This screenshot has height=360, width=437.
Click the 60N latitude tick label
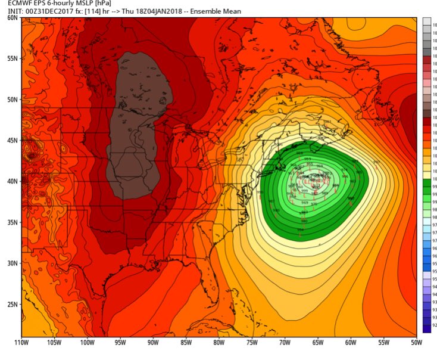pyautogui.click(x=11, y=18)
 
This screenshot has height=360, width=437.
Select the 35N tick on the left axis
pyautogui.click(x=11, y=222)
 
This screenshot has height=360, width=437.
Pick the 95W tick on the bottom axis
pyautogui.click(x=120, y=343)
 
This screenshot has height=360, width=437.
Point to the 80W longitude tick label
pyautogui.click(x=218, y=343)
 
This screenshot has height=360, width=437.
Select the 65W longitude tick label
pyautogui.click(x=317, y=343)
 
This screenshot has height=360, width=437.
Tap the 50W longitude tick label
pyautogui.click(x=416, y=343)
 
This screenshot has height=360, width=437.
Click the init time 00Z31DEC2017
pyautogui.click(x=43, y=12)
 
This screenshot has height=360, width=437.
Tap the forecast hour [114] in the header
pyautogui.click(x=86, y=12)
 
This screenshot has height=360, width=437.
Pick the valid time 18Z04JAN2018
pyautogui.click(x=151, y=12)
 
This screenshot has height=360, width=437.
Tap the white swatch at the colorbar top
pyautogui.click(x=426, y=21)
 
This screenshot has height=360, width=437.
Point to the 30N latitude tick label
pyautogui.click(x=11, y=262)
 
